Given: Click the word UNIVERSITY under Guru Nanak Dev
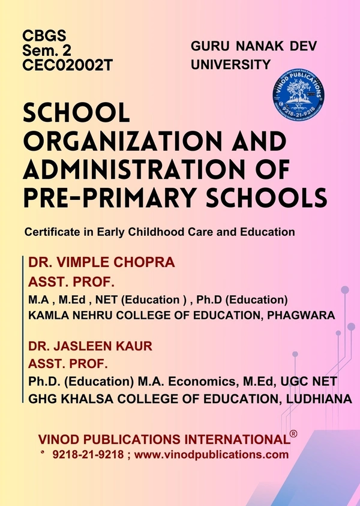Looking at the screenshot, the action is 230,63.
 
